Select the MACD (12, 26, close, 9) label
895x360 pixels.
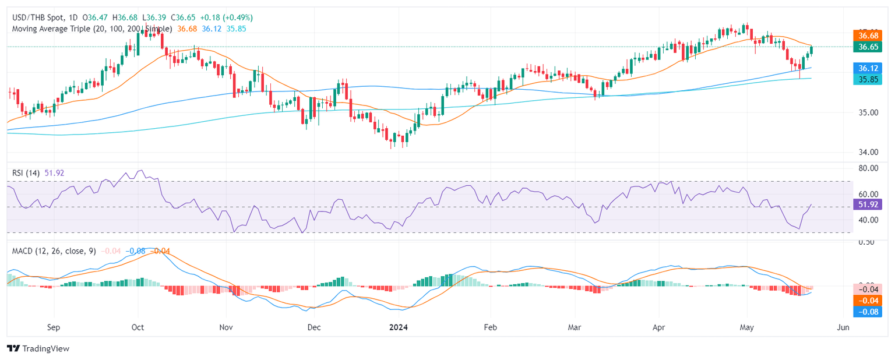tap(54, 251)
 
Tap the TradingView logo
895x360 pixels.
tap(38, 348)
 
